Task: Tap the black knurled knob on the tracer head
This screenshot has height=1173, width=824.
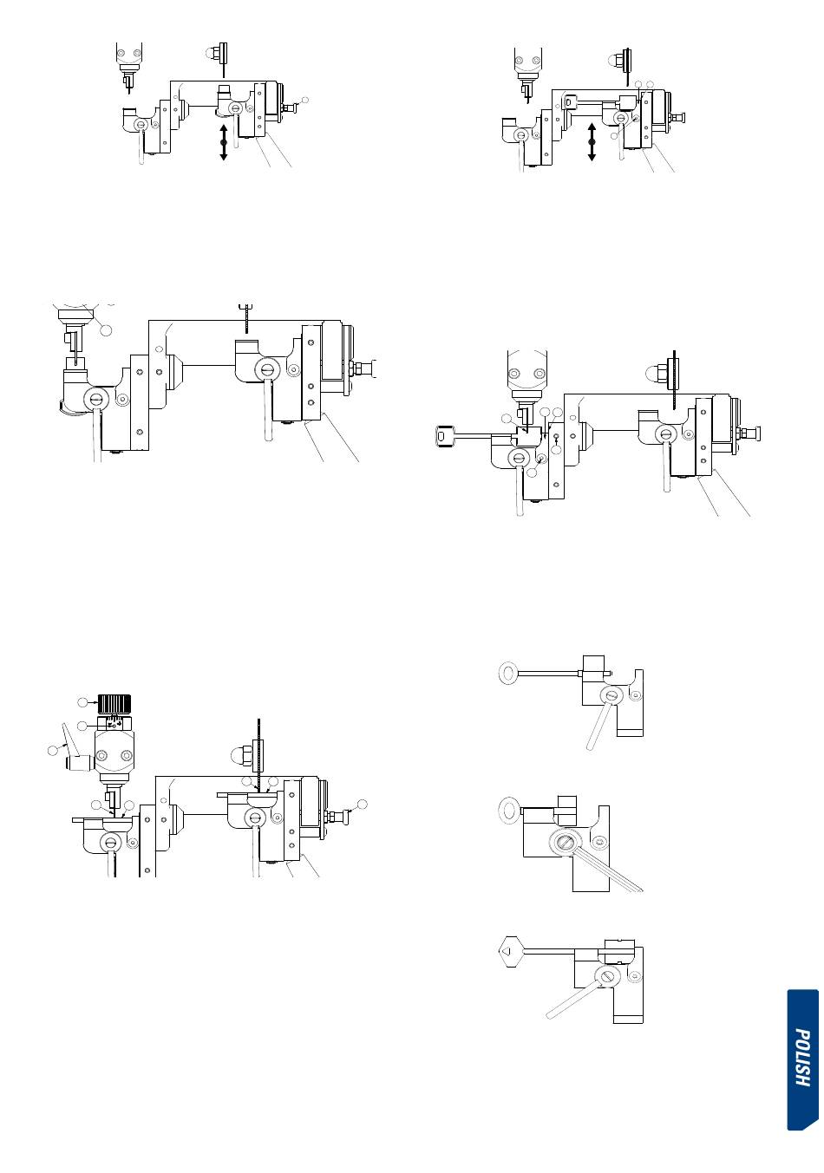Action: (x=114, y=703)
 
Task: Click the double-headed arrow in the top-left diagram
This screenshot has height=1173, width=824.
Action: (x=224, y=142)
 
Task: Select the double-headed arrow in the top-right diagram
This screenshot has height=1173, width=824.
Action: (x=592, y=142)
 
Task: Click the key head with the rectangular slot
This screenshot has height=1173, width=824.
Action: (x=444, y=435)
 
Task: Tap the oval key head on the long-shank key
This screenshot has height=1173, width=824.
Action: (x=508, y=673)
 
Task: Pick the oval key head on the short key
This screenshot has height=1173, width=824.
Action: (x=508, y=811)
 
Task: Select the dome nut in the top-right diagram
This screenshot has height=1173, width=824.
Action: (x=614, y=59)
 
